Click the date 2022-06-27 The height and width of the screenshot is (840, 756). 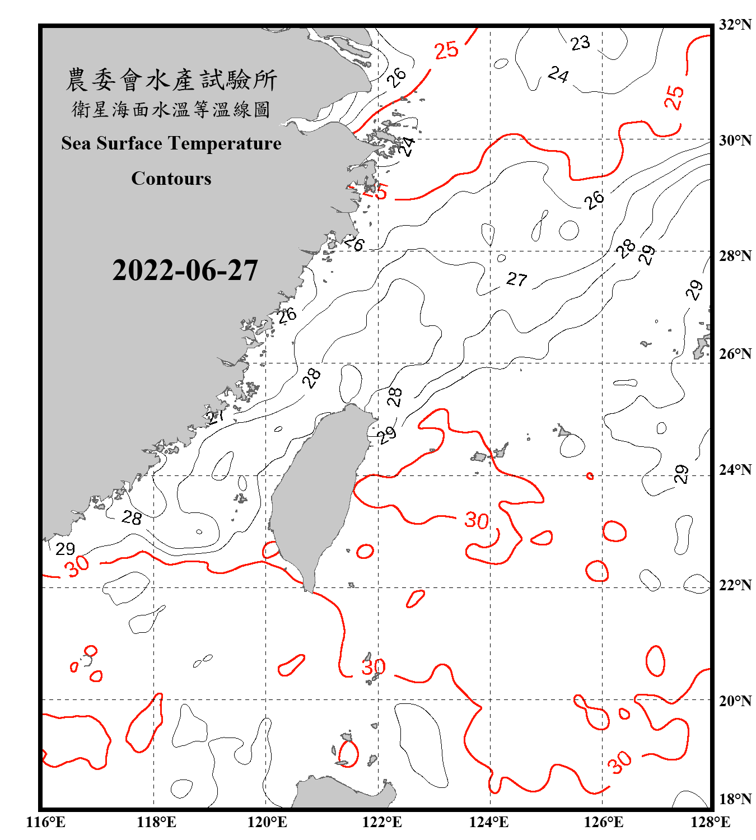[185, 270]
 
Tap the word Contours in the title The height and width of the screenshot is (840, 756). [171, 179]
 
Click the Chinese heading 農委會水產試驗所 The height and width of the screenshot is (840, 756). [171, 80]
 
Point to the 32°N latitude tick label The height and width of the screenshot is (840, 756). [735, 25]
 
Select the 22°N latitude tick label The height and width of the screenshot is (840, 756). [735, 585]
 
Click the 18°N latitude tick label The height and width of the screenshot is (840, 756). [735, 799]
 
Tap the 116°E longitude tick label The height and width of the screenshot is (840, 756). [46, 822]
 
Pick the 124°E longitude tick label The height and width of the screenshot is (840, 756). [489, 822]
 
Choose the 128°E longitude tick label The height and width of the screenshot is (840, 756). [710, 822]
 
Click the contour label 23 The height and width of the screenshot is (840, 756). [580, 43]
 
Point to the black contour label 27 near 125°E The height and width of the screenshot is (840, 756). [517, 279]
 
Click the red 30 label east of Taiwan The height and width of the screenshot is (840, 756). [477, 521]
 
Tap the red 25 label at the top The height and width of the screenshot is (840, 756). [447, 50]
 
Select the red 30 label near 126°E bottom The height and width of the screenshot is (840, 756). [619, 762]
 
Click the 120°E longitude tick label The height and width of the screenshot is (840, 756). [267, 822]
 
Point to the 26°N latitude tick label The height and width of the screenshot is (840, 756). [735, 354]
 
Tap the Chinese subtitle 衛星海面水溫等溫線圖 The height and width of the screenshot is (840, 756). [171, 110]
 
